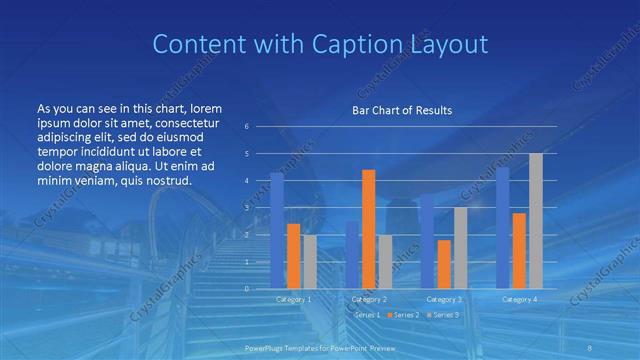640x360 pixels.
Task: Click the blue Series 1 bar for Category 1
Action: pyautogui.click(x=277, y=231)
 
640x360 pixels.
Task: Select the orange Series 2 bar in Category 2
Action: pyautogui.click(x=368, y=229)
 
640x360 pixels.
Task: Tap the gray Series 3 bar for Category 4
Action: pyautogui.click(x=536, y=221)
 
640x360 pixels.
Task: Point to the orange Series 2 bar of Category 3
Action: pyautogui.click(x=444, y=264)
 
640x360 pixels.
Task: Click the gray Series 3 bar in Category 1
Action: pyautogui.click(x=310, y=262)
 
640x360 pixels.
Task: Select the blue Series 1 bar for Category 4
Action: pyautogui.click(x=502, y=228)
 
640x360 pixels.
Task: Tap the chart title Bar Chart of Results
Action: pyautogui.click(x=401, y=110)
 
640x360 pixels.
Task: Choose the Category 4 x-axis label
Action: pyautogui.click(x=519, y=299)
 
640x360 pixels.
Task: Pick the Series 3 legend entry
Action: pyautogui.click(x=445, y=315)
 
